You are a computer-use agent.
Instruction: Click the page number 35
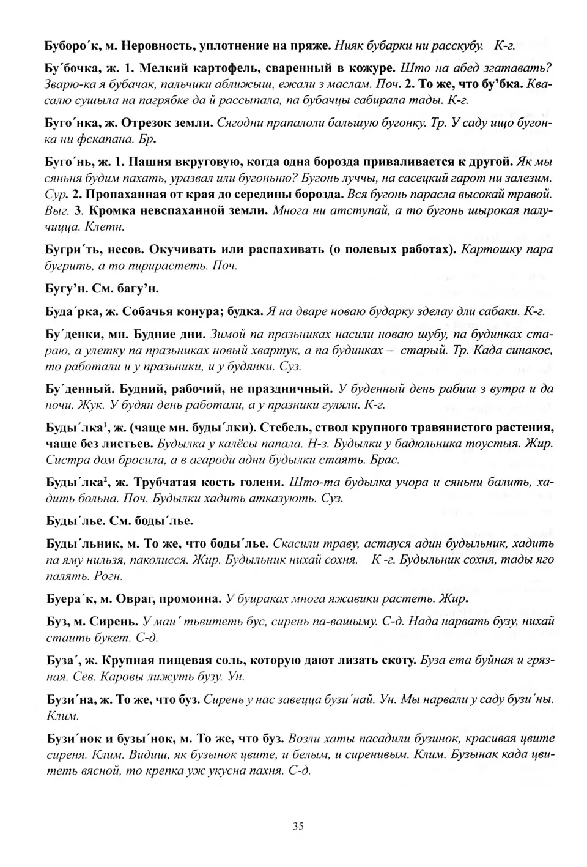coord(298,826)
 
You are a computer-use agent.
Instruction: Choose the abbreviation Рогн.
coord(109,576)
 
